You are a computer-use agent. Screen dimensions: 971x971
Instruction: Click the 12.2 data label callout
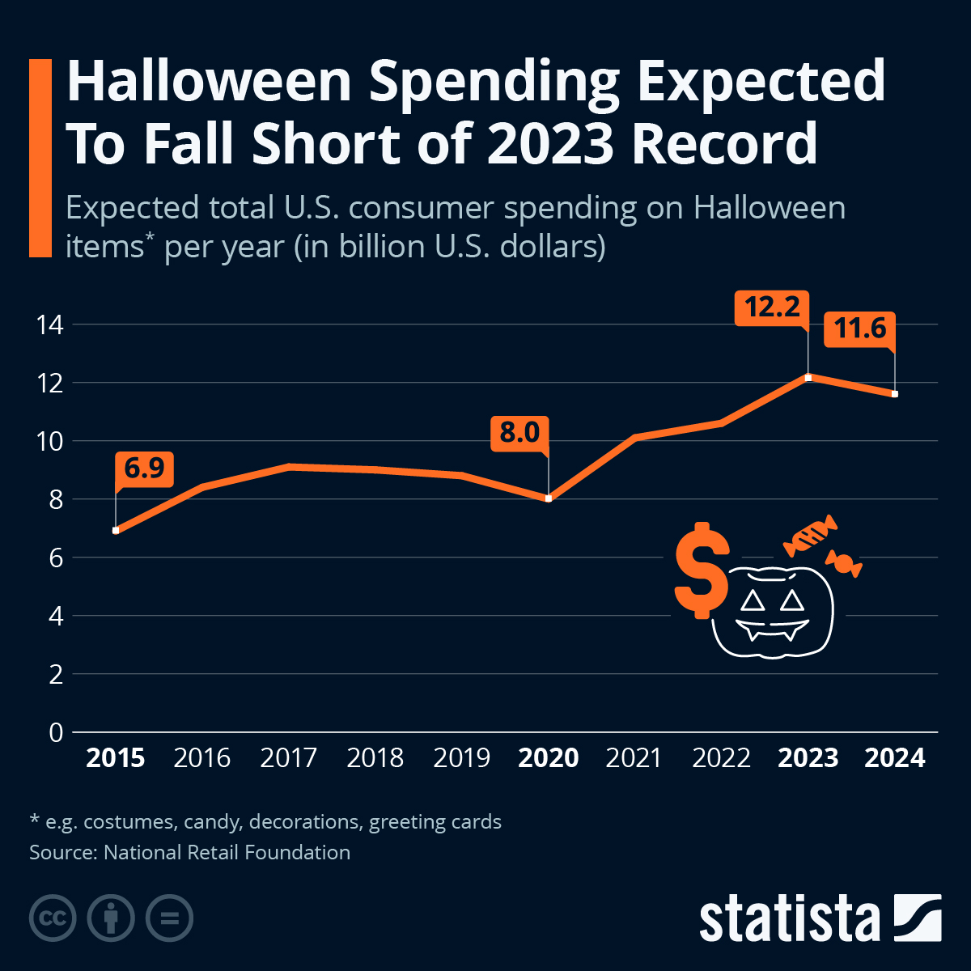tap(772, 308)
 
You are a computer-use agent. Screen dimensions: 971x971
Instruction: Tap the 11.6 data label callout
tap(859, 329)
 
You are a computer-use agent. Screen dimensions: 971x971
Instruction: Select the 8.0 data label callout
tap(519, 433)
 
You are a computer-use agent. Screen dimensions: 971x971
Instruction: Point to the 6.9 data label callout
tap(144, 469)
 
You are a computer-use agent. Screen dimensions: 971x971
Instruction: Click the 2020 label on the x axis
tap(548, 758)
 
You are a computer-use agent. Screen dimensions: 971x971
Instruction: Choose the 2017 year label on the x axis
tap(289, 758)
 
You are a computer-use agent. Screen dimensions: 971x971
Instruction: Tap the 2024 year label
tap(894, 758)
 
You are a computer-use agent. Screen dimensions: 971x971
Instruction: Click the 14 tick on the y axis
tap(49, 324)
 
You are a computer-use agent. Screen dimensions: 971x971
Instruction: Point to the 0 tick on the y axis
tap(56, 732)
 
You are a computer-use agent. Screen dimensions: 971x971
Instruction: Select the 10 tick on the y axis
tap(49, 441)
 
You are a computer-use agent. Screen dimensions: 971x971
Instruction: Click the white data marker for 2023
tap(808, 377)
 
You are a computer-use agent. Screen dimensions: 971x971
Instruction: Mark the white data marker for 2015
tap(116, 531)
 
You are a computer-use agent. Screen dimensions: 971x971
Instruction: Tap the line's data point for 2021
tap(635, 438)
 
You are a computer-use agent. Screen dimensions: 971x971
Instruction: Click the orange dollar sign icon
tap(701, 570)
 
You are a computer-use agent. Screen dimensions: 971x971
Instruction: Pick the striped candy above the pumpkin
tap(810, 536)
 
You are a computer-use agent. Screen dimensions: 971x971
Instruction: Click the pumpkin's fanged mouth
tap(772, 629)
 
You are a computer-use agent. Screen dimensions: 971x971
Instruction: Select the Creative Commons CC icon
tap(53, 918)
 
